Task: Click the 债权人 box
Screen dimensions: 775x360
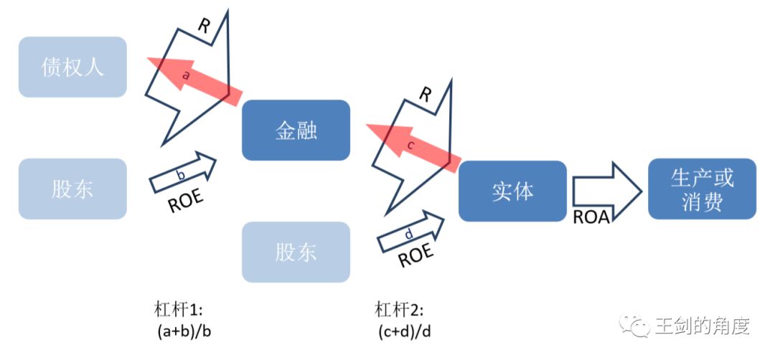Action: click(72, 67)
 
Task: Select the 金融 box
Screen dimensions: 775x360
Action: click(296, 130)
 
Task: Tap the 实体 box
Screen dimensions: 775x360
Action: click(512, 191)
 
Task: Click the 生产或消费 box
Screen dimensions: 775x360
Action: click(702, 189)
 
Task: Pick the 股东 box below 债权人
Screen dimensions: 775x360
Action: click(72, 189)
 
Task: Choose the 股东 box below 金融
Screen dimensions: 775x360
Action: click(296, 252)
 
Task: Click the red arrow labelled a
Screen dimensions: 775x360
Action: click(194, 80)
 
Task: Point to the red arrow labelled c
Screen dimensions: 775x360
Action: click(413, 148)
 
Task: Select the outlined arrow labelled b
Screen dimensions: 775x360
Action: click(183, 172)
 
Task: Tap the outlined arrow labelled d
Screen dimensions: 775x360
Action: click(410, 231)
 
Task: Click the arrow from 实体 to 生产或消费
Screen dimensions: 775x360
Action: click(608, 191)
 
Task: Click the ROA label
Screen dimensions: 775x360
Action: click(591, 217)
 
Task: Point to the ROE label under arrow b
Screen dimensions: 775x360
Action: click(185, 201)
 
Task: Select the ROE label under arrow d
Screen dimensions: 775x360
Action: click(415, 256)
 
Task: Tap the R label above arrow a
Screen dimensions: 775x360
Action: click(204, 26)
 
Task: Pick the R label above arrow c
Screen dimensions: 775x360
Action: click(425, 95)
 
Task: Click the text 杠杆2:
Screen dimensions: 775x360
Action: click(399, 310)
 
